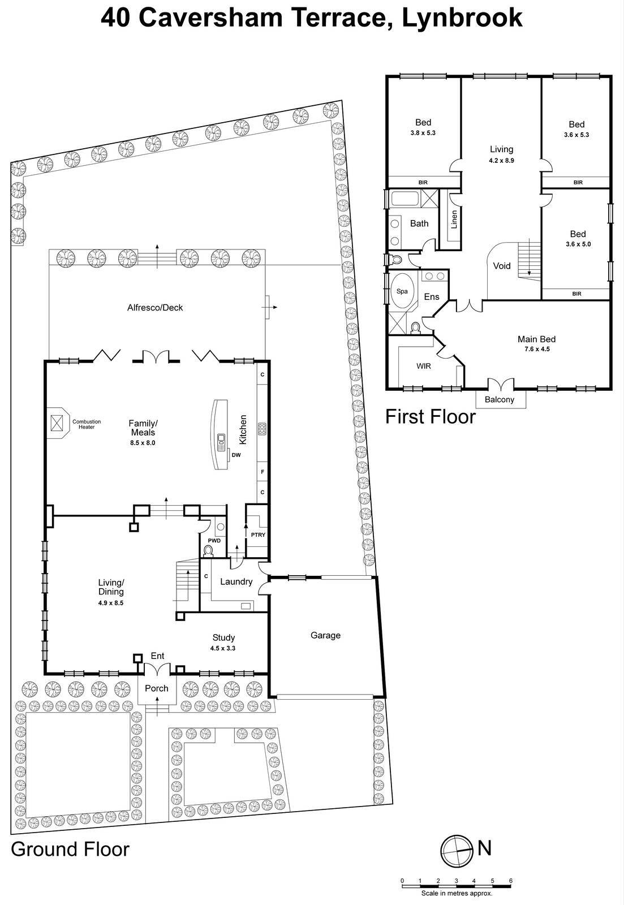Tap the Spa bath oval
click(x=402, y=291)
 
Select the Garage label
click(x=325, y=635)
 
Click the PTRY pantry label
click(x=258, y=535)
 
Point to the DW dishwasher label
click(x=236, y=454)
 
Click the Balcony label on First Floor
click(x=500, y=399)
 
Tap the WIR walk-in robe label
click(x=424, y=366)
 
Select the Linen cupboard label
click(x=454, y=219)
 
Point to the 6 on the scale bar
click(x=510, y=881)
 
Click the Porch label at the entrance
click(x=157, y=688)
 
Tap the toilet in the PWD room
click(x=208, y=550)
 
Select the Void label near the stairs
click(x=502, y=266)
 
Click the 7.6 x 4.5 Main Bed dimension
click(x=536, y=349)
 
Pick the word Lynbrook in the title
click(x=462, y=18)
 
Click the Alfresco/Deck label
click(x=155, y=308)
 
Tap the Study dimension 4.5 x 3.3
click(x=223, y=648)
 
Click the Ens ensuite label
click(x=432, y=296)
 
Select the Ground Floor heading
click(x=70, y=849)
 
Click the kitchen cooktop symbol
click(x=262, y=429)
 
